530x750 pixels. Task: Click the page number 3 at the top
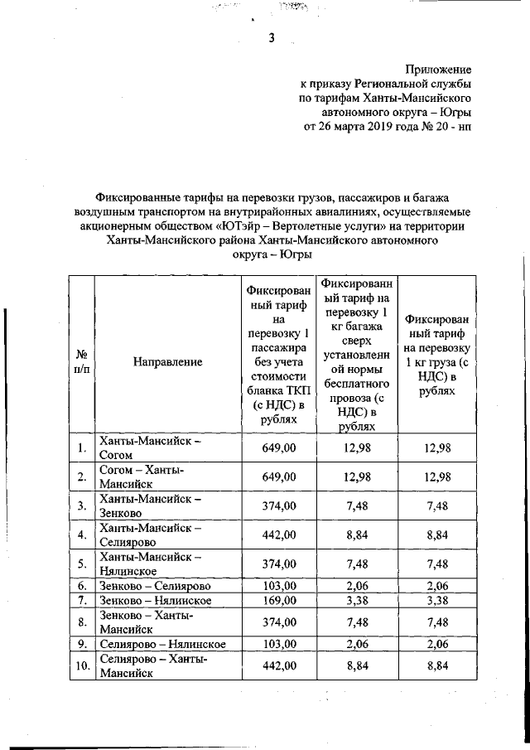click(x=270, y=36)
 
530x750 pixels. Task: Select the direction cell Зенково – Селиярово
click(x=153, y=585)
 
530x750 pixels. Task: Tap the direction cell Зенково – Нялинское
click(x=154, y=600)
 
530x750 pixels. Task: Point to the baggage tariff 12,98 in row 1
click(x=356, y=448)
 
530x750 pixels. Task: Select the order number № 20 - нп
click(x=444, y=127)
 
